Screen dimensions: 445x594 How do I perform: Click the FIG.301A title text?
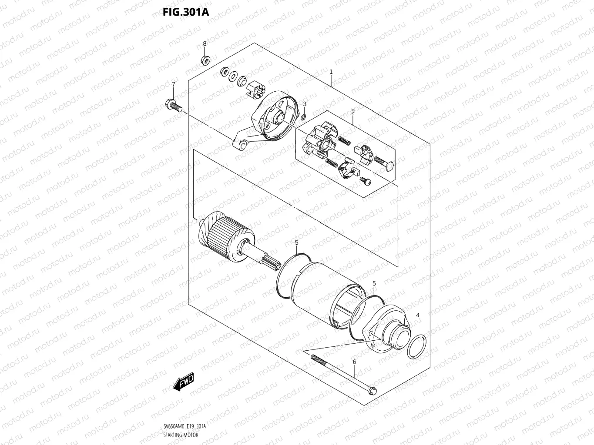[x=186, y=12]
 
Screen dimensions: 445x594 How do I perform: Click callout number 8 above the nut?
[x=205, y=43]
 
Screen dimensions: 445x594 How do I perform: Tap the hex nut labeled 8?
[x=205, y=60]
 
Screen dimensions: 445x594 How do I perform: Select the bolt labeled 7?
[x=173, y=105]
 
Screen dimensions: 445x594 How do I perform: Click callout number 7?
[x=173, y=84]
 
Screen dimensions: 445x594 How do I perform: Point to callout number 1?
[x=331, y=72]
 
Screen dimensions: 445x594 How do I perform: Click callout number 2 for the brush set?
[x=353, y=112]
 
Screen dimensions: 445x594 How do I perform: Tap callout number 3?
[x=305, y=104]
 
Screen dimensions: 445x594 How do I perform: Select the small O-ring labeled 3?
[x=303, y=117]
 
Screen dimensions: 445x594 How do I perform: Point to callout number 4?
[x=418, y=315]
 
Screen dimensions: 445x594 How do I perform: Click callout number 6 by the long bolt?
[x=354, y=362]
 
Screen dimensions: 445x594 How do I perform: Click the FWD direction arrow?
[x=183, y=382]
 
